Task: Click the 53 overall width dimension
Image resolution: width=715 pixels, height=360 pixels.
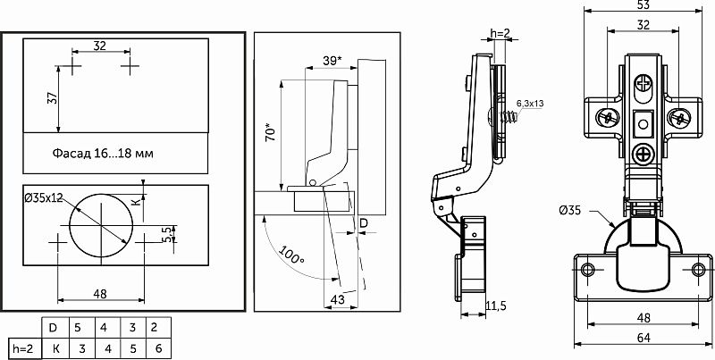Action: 643,4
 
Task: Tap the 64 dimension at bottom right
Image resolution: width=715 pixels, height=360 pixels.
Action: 643,338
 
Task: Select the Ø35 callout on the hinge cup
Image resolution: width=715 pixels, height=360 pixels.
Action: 570,211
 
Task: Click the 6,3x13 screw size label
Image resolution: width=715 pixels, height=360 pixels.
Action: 530,104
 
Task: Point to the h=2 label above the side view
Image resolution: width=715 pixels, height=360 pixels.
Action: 500,33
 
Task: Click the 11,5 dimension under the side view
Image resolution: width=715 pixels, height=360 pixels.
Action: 496,306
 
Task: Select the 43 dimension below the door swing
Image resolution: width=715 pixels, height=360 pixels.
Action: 337,299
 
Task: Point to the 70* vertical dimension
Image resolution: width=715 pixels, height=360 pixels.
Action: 272,131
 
